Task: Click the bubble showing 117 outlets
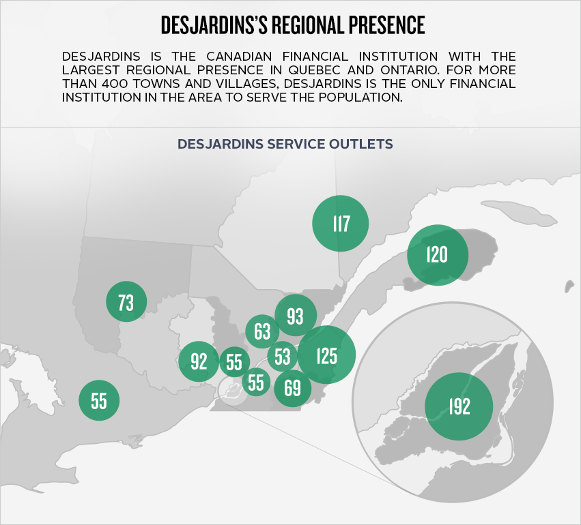pos(341,223)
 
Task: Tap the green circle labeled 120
pos(437,255)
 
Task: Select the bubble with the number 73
pos(126,301)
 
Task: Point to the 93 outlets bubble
pos(296,316)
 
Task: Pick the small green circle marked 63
pos(262,332)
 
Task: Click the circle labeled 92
pos(199,361)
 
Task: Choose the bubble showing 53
pos(283,356)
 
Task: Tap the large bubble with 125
pos(327,355)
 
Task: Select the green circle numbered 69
pos(292,388)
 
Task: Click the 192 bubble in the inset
pos(459,406)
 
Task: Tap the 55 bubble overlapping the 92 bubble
pos(234,361)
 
